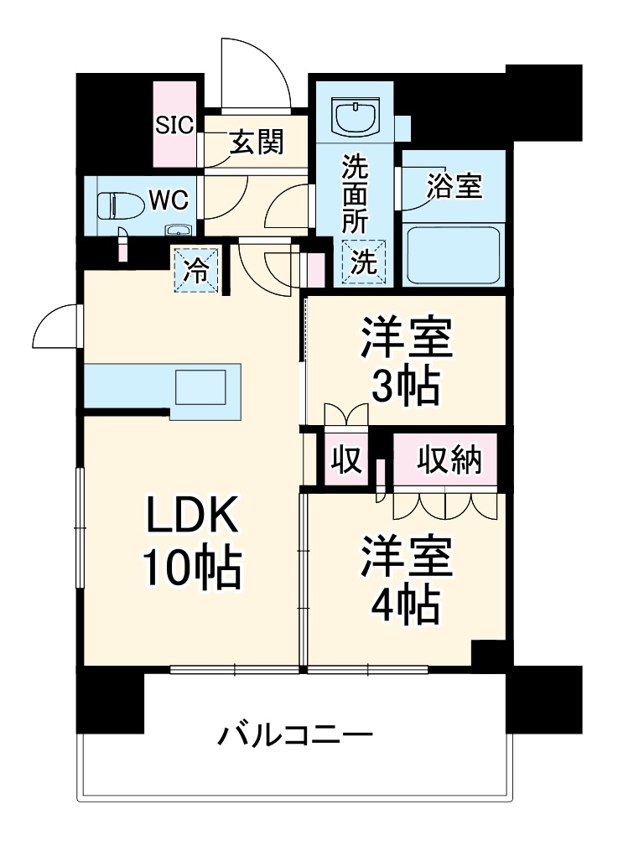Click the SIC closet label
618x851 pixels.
pyautogui.click(x=175, y=125)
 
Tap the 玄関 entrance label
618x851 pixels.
pyautogui.click(x=257, y=143)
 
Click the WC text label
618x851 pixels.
pyautogui.click(x=169, y=200)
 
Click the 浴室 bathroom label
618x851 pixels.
pyautogui.click(x=454, y=186)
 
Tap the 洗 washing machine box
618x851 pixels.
pyautogui.click(x=364, y=262)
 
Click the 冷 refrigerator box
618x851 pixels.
pyautogui.click(x=196, y=270)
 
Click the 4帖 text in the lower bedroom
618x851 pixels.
pyautogui.click(x=406, y=604)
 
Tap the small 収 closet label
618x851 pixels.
pyautogui.click(x=345, y=459)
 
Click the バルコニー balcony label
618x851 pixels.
pyautogui.click(x=295, y=736)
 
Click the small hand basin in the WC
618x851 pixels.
pyautogui.click(x=178, y=231)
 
